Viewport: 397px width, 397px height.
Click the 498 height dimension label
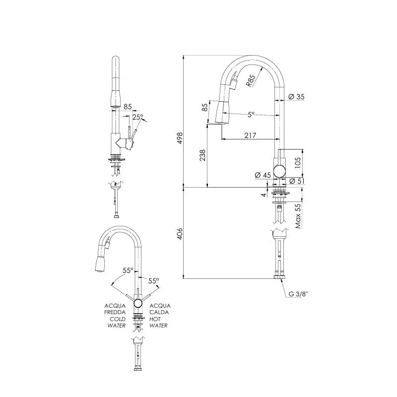tap(180, 138)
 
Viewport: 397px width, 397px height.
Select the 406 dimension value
tap(180, 234)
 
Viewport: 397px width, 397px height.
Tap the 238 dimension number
tap(202, 155)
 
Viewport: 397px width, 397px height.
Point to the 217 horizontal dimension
tap(250, 135)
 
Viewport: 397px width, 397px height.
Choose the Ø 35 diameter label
tap(296, 96)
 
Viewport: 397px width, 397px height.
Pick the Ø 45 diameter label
tap(263, 175)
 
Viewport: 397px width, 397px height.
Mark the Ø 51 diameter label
tap(297, 181)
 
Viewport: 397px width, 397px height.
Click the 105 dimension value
tap(298, 163)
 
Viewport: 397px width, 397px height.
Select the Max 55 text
tap(298, 216)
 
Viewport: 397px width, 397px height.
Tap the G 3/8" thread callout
tap(299, 294)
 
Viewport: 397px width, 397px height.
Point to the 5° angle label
tap(251, 115)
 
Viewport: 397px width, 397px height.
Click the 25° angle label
tap(138, 117)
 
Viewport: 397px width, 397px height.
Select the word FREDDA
tap(115, 313)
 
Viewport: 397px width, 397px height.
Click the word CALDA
tap(159, 313)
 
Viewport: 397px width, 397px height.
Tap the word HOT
tap(155, 319)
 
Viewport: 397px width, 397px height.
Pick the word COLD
tap(118, 319)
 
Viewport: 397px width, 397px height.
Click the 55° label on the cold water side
tap(128, 270)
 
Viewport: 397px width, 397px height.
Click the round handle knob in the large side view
tap(279, 171)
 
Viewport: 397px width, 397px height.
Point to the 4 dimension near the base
tap(264, 195)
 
